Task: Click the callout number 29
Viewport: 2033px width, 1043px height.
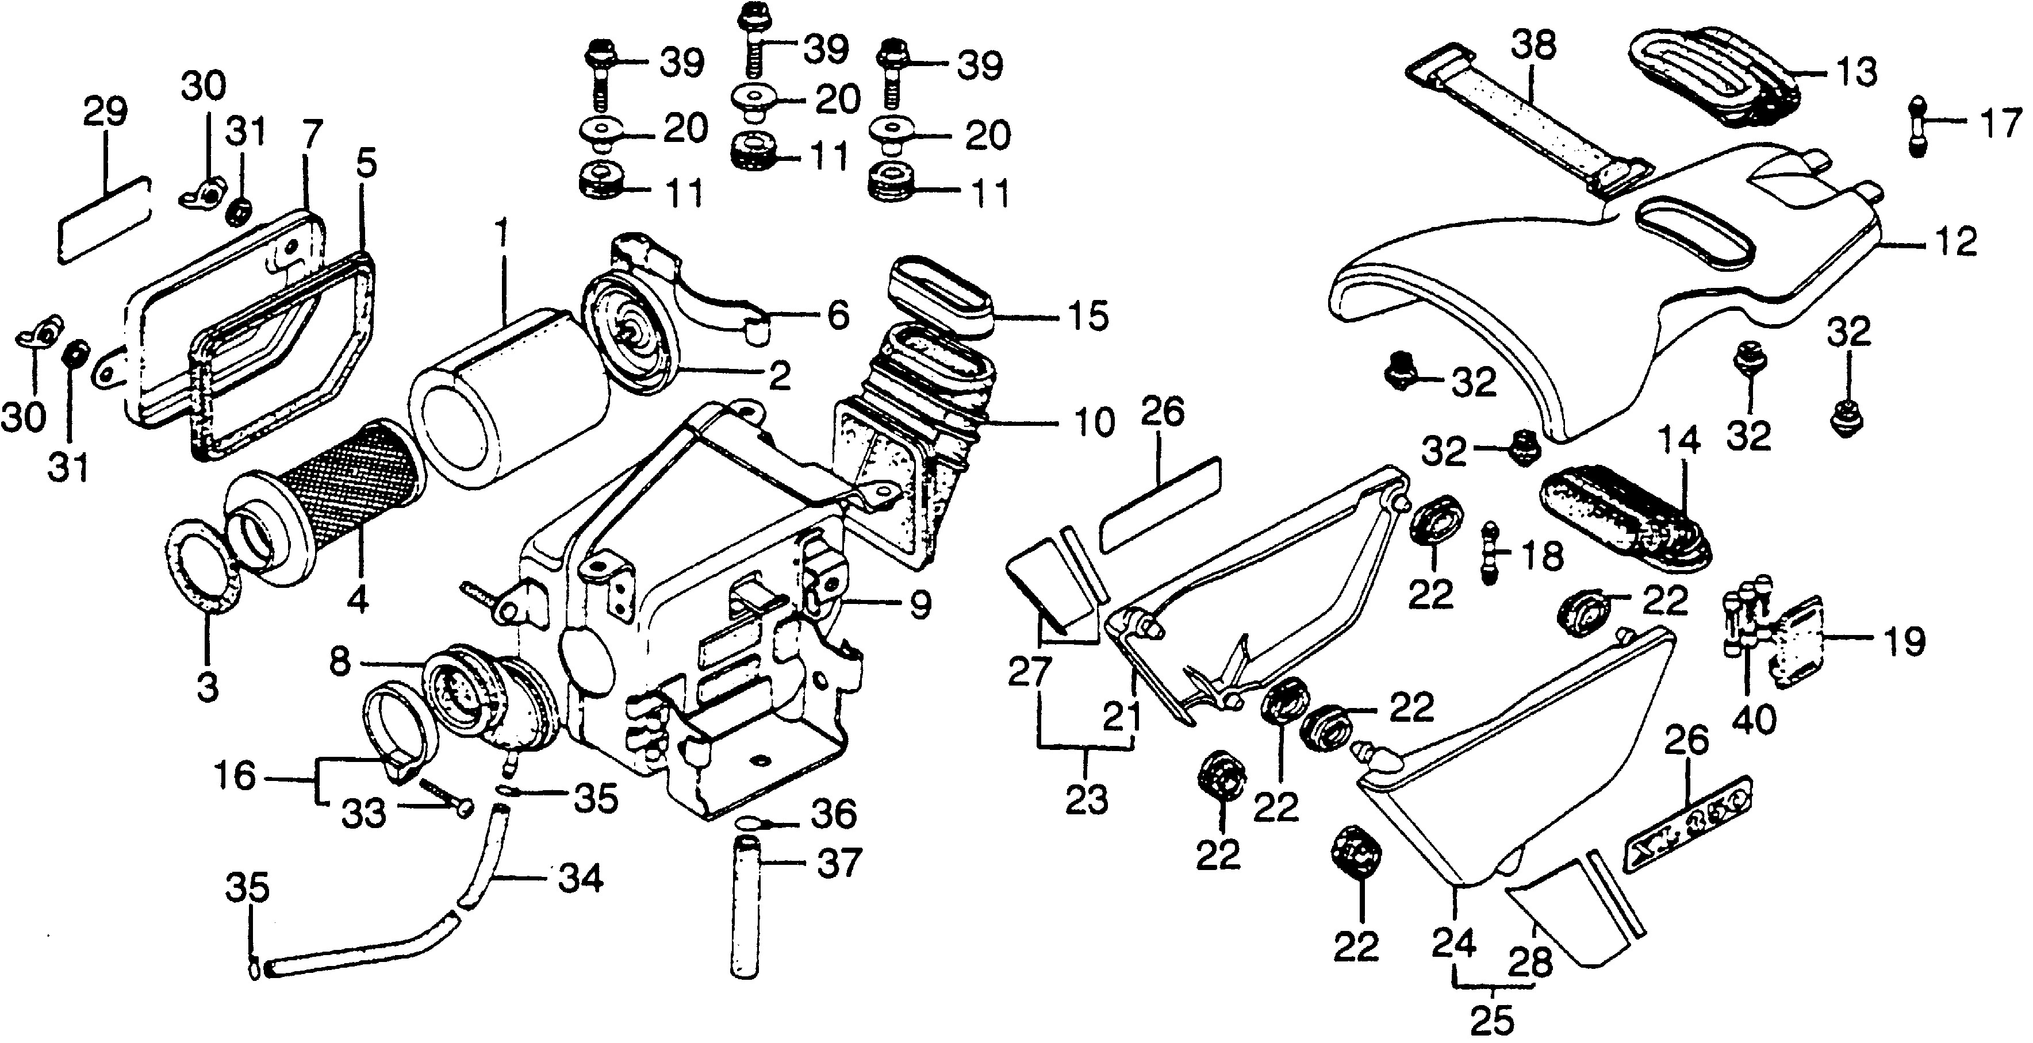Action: [105, 112]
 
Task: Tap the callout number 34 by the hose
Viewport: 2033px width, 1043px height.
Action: [580, 877]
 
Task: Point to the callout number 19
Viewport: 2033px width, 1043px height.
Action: [1905, 642]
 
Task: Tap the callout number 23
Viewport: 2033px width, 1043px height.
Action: [1087, 801]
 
